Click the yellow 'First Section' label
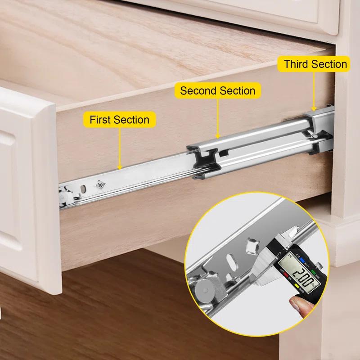[x=119, y=120]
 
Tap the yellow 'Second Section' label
[x=217, y=90]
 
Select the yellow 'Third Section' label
[x=315, y=64]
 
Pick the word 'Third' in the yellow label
[x=296, y=64]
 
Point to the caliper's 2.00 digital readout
[x=298, y=275]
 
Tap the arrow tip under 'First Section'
[x=119, y=169]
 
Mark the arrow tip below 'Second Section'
[x=217, y=137]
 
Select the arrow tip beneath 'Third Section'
[x=315, y=111]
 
